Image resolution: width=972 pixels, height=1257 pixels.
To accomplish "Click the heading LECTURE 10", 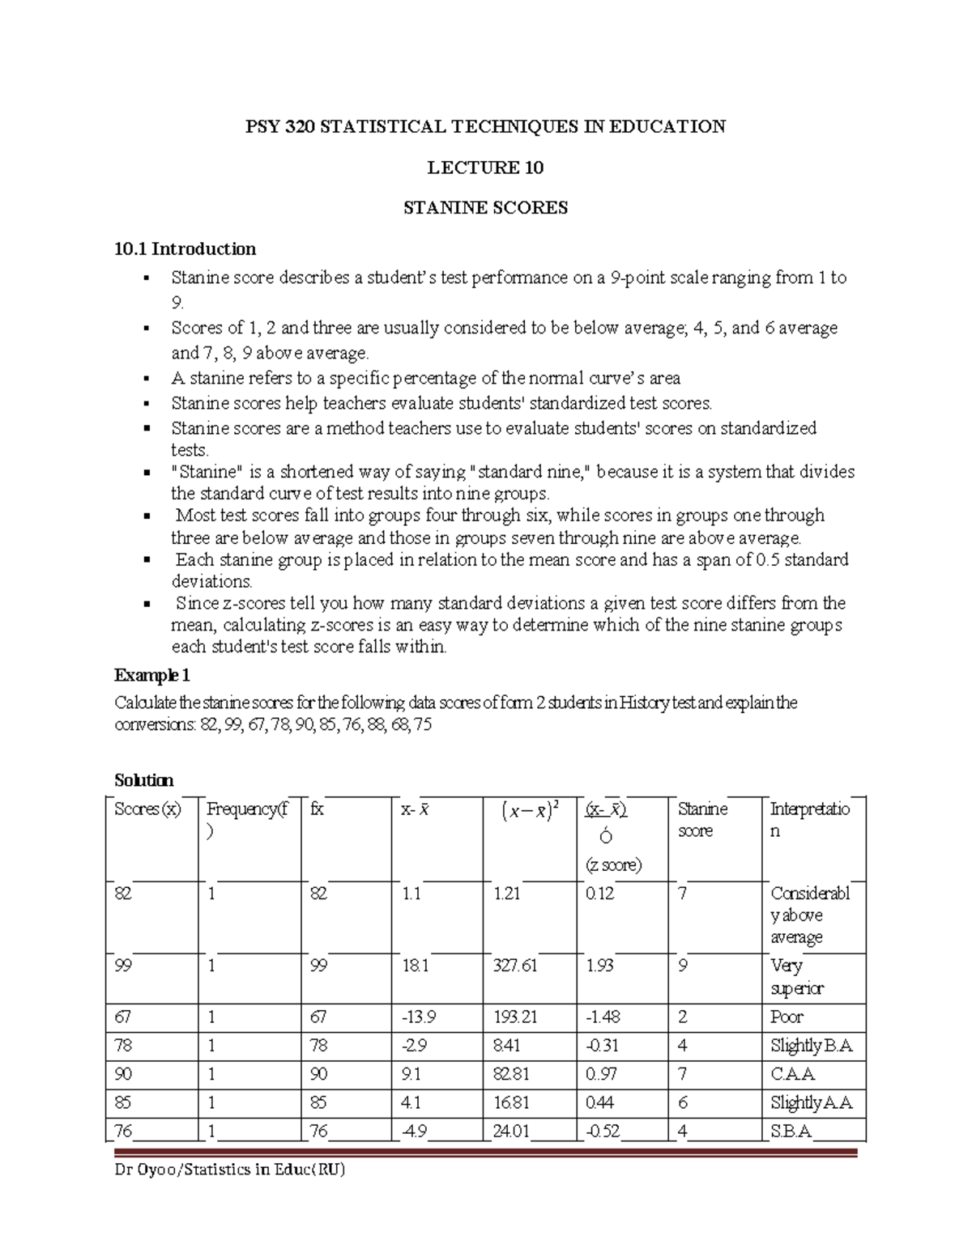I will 485,168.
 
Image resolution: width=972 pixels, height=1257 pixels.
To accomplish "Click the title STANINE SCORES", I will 485,208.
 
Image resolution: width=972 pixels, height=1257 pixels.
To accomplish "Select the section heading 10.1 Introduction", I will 185,248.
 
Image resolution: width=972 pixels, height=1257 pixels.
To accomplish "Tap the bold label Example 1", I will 151,675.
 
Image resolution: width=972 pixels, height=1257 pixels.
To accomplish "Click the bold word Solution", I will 143,780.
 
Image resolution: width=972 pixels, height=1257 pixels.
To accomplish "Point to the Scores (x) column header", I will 147,809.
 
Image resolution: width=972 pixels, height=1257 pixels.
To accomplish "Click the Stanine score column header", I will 702,819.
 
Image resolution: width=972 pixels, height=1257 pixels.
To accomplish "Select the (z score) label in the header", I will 613,864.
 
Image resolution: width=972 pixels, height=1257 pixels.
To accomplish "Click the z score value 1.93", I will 599,966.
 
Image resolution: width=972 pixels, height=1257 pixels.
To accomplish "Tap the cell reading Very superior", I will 797,977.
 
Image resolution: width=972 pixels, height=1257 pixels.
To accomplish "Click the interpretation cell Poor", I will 787,1017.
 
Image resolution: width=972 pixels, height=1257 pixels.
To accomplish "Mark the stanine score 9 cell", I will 682,966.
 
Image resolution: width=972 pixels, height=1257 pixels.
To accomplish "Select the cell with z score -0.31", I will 602,1046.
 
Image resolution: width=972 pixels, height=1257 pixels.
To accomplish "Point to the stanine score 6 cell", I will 682,1102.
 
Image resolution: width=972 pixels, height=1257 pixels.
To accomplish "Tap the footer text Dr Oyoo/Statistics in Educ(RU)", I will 230,1170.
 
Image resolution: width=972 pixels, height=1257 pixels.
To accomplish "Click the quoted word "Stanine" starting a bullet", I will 204,472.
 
